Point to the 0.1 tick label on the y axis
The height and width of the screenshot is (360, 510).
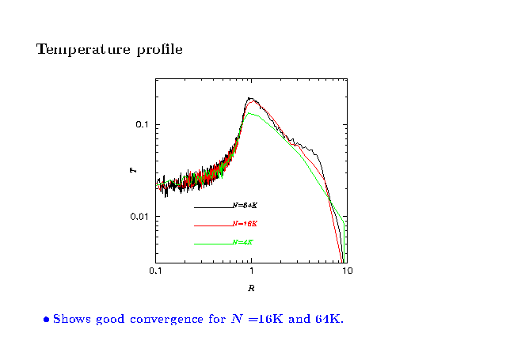click(x=142, y=125)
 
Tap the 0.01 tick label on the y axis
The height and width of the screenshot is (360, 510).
click(x=139, y=217)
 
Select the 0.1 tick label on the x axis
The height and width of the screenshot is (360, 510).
click(x=155, y=271)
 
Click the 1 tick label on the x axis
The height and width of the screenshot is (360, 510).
click(x=251, y=271)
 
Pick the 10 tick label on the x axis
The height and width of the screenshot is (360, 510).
click(x=347, y=271)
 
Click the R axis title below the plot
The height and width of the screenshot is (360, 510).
click(x=251, y=286)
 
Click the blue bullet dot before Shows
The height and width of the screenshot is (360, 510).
click(x=47, y=320)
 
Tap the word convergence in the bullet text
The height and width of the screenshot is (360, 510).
click(x=173, y=320)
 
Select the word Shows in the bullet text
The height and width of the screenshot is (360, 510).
click(x=72, y=320)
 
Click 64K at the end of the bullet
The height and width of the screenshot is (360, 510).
click(x=329, y=320)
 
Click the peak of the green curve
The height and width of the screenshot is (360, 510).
click(x=250, y=113)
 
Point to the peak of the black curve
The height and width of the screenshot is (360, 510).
click(x=250, y=99)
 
